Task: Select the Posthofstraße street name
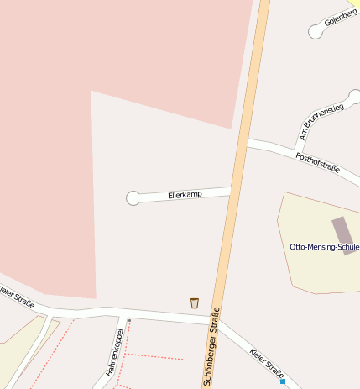[317, 162]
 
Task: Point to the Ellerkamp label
[185, 195]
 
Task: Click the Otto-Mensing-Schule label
[324, 247]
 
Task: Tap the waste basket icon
[195, 302]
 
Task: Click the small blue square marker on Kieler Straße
[283, 381]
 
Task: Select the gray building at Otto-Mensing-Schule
[341, 229]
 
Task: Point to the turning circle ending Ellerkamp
[133, 198]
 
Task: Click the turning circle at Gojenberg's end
[316, 32]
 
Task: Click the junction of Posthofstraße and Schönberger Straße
[244, 142]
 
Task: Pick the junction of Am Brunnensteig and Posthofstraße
[296, 151]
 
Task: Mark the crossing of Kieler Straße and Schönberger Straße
[217, 320]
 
